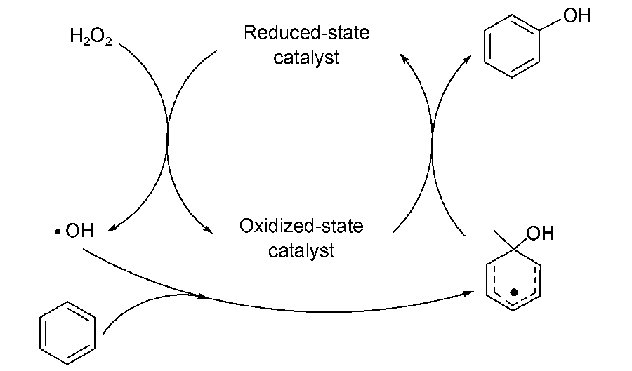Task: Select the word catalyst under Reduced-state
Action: click(306, 58)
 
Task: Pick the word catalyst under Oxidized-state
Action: click(302, 250)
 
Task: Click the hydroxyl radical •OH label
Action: click(73, 231)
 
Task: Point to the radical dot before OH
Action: click(56, 231)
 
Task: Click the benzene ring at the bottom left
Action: click(67, 332)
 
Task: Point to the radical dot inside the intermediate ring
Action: click(514, 290)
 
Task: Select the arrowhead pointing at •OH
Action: click(112, 226)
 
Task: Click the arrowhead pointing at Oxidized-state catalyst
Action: click(207, 231)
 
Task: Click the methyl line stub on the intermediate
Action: click(503, 238)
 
